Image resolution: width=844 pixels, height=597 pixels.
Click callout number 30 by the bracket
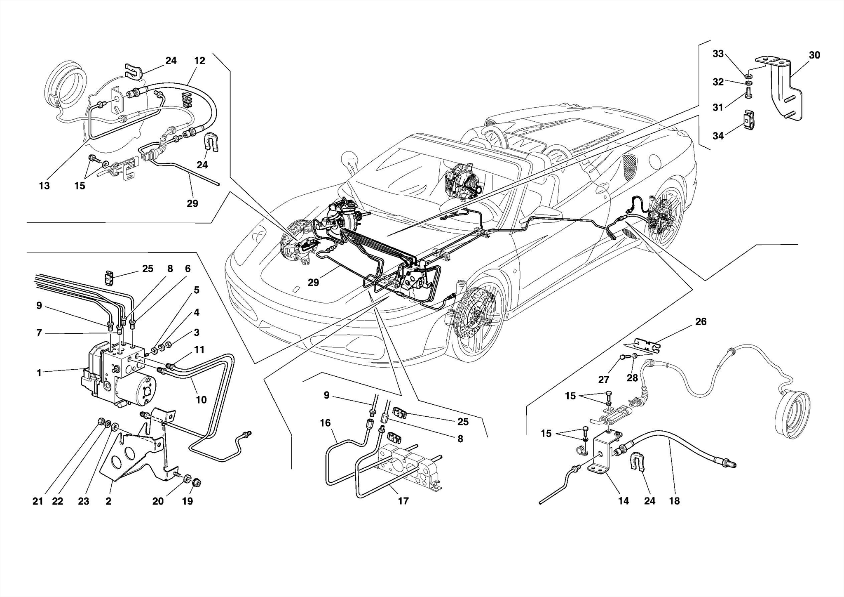(x=814, y=55)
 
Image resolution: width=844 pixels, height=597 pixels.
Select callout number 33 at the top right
(x=718, y=54)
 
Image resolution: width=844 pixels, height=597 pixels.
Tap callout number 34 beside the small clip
(x=718, y=136)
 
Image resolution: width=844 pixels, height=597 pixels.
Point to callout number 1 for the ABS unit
(x=39, y=373)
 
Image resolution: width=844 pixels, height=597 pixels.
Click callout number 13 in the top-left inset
(x=44, y=186)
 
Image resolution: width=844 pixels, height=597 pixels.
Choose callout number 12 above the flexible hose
(x=199, y=61)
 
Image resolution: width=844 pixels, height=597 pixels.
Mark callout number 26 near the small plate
(x=701, y=321)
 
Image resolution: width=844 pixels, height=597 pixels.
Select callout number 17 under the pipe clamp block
(x=403, y=501)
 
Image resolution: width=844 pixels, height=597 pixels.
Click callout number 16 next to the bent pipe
(x=325, y=423)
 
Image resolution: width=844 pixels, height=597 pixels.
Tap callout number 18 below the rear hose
(x=674, y=501)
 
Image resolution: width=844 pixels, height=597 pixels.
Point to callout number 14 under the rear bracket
(x=623, y=501)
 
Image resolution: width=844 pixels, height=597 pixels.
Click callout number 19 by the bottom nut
(x=188, y=501)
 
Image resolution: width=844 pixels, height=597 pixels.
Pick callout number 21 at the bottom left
(x=38, y=501)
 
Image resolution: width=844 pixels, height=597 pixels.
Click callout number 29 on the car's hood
(x=313, y=282)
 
